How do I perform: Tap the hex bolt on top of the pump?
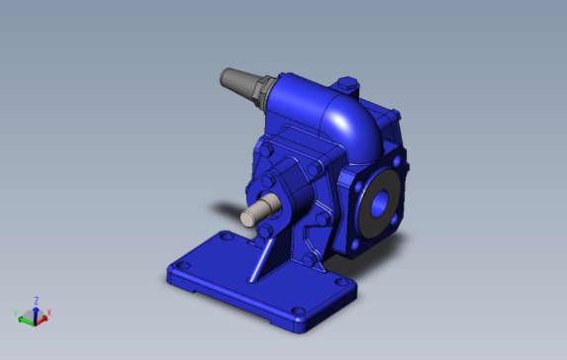coord(347,84)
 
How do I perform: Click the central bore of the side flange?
coord(379,204)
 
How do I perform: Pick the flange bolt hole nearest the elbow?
coord(397,161)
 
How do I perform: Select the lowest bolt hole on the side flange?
coord(356,244)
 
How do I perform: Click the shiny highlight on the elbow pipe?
coord(339,121)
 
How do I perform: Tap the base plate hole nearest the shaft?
coord(227,237)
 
